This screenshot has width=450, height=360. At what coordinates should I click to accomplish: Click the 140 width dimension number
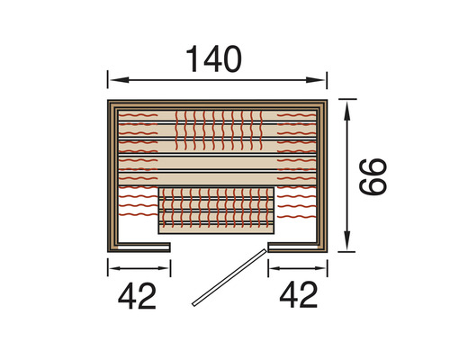point(213,59)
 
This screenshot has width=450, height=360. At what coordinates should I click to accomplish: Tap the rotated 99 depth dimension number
point(373,177)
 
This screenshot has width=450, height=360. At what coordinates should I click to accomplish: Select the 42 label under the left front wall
point(137,295)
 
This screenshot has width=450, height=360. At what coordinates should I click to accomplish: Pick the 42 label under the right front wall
point(299,295)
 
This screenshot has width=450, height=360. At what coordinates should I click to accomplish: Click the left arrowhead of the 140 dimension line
point(120,80)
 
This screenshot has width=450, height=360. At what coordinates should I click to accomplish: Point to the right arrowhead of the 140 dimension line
point(315,80)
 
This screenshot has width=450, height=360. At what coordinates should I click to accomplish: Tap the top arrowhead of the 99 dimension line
point(347,111)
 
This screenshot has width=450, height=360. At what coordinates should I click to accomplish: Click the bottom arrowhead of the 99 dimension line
point(347,240)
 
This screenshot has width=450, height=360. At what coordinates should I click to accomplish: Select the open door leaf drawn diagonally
point(229,277)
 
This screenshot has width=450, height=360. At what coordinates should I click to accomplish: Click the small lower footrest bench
point(216,211)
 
